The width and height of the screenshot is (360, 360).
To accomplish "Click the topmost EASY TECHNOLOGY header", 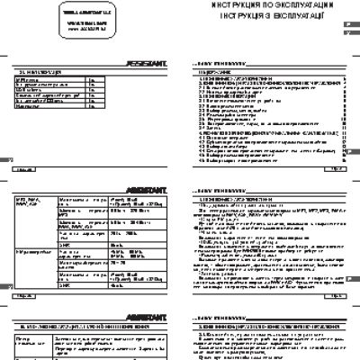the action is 217,64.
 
